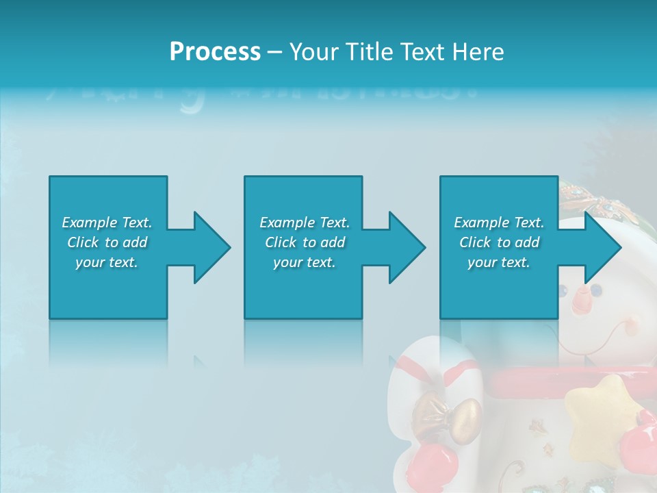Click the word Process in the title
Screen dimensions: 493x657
pos(215,52)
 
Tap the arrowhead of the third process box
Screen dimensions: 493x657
pos(602,247)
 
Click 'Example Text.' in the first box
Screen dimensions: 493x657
pos(107,223)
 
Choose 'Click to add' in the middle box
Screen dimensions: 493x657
pos(305,242)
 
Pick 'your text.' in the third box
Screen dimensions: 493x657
pos(498,262)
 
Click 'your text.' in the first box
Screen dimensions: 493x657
pos(107,262)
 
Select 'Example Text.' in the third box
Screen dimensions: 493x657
pos(498,223)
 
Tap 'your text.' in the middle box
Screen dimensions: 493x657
pos(305,262)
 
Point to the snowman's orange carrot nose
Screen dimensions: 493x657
pos(582,299)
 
